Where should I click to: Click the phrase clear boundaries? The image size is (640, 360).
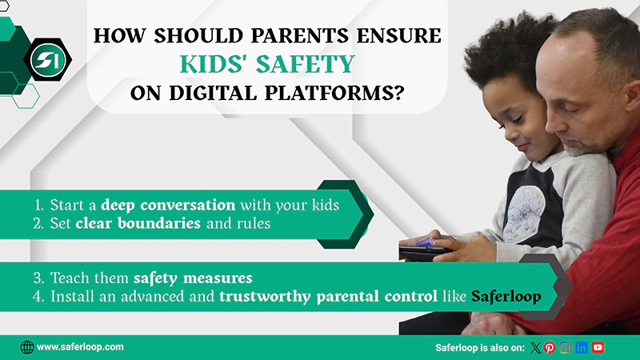[x=138, y=223]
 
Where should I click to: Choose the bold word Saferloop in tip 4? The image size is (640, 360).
[x=506, y=296]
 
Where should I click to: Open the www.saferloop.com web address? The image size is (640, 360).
[x=80, y=347]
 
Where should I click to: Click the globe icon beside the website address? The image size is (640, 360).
[x=27, y=347]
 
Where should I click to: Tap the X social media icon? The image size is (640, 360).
[x=535, y=347]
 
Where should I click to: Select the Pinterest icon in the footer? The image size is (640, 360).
[x=550, y=347]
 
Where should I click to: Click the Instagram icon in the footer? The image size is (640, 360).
[x=566, y=347]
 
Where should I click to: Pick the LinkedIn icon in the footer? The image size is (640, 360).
[x=582, y=347]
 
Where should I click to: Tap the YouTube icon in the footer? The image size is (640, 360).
[x=598, y=347]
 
